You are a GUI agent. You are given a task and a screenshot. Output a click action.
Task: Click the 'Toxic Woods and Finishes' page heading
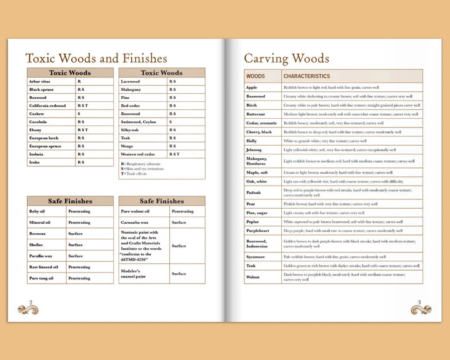click(x=96, y=58)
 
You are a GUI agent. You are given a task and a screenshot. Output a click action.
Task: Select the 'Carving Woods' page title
click(x=286, y=59)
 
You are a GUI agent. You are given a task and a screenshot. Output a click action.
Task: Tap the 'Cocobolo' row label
click(x=39, y=122)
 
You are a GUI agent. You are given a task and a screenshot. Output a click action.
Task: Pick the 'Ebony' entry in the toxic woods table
click(x=35, y=130)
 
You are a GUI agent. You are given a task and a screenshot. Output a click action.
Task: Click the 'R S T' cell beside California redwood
click(x=82, y=106)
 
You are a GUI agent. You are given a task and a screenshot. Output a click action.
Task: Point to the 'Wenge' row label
click(x=127, y=146)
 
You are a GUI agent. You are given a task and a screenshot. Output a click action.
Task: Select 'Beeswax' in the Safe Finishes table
click(x=37, y=233)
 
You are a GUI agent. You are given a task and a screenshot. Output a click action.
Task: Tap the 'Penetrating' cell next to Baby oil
click(x=79, y=211)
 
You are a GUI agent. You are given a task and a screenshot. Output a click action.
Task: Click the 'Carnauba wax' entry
click(x=134, y=222)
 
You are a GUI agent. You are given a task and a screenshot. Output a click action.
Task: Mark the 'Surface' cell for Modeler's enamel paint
click(x=179, y=273)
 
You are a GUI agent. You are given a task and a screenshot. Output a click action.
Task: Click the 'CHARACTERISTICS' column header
click(x=307, y=76)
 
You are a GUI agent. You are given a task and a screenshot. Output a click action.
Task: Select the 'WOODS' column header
click(x=256, y=76)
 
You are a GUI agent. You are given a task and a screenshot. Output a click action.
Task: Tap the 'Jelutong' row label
click(x=254, y=150)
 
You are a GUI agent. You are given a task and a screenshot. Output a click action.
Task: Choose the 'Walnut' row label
click(x=253, y=277)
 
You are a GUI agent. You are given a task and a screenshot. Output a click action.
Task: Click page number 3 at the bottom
click(x=419, y=302)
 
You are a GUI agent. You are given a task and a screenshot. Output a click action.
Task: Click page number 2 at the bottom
click(x=31, y=302)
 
